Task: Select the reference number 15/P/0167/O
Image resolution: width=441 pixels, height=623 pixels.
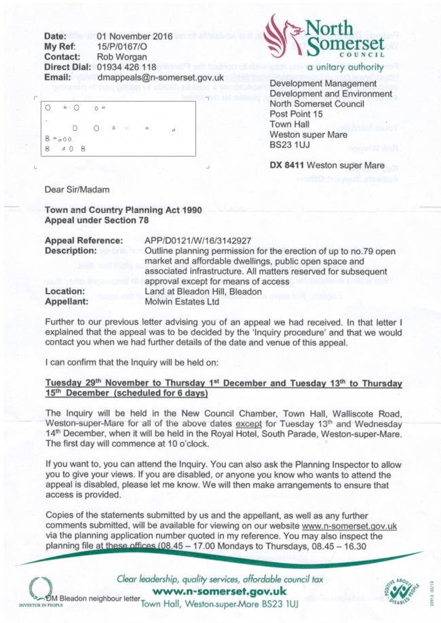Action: point(125,45)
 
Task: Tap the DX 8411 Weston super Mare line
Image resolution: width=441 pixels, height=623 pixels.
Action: point(326,165)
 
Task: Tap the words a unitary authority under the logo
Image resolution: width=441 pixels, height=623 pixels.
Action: point(346,68)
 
